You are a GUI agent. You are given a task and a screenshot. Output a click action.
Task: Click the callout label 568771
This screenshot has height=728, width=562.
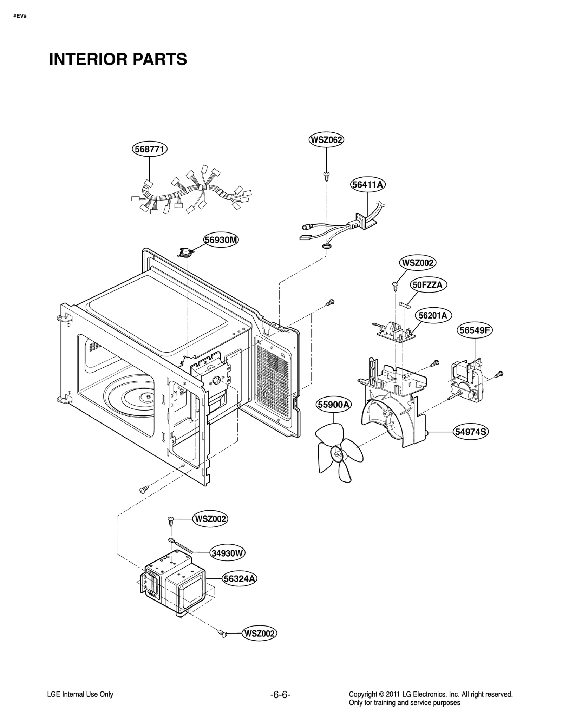(x=150, y=149)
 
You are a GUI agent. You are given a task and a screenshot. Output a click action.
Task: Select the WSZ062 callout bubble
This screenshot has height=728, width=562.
(x=326, y=140)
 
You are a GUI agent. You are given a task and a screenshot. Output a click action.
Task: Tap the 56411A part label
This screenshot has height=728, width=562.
(x=368, y=185)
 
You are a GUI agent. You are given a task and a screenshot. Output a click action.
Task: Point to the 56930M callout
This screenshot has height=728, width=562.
(x=221, y=240)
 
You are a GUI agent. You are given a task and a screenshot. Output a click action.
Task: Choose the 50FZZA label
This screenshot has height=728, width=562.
(x=427, y=285)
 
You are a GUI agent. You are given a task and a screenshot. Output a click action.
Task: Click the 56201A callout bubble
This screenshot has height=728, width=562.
(x=433, y=315)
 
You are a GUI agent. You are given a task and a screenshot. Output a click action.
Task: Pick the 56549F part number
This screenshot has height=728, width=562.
(x=475, y=330)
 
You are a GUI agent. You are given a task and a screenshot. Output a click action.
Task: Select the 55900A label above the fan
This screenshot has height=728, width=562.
(x=334, y=405)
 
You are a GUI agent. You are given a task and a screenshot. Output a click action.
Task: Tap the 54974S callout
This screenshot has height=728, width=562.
(x=471, y=432)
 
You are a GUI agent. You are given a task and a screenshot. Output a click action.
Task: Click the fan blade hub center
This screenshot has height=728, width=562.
(x=338, y=454)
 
